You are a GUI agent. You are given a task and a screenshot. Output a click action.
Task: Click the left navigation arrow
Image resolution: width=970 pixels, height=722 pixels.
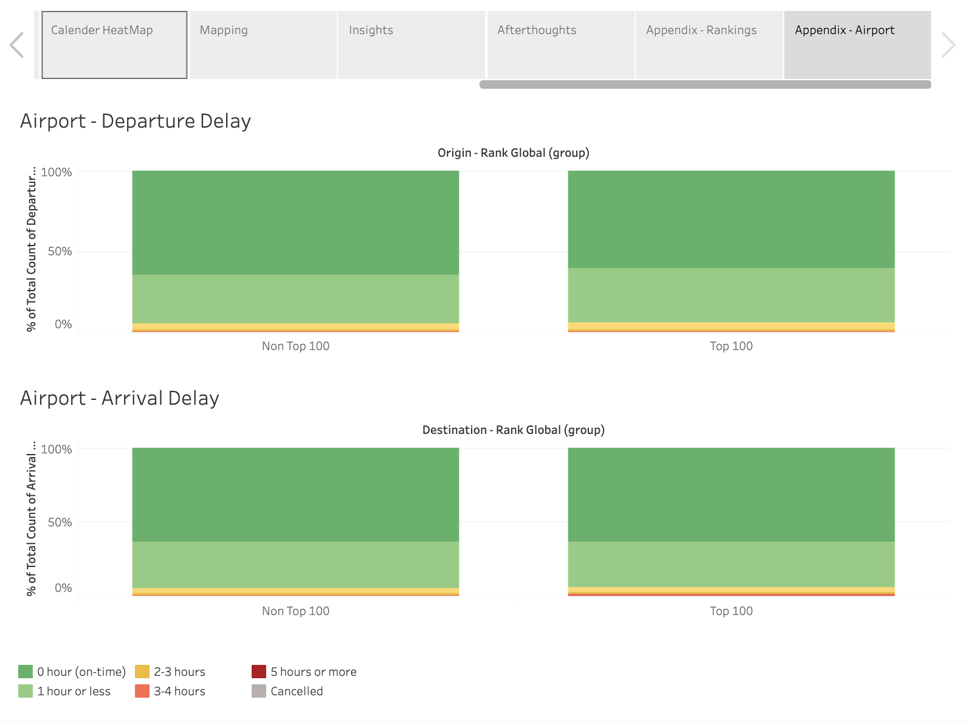(x=17, y=45)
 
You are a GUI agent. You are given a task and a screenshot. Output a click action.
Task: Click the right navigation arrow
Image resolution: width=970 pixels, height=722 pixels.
(x=948, y=45)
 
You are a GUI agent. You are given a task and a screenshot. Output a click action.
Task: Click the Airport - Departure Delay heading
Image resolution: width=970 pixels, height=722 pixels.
(x=136, y=121)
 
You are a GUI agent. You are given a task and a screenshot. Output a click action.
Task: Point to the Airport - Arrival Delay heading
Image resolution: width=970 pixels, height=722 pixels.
(x=120, y=398)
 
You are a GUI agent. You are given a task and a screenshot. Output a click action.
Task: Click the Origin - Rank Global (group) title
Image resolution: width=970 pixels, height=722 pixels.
(x=513, y=153)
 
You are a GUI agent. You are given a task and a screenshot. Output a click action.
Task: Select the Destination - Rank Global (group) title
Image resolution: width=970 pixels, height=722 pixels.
(x=513, y=430)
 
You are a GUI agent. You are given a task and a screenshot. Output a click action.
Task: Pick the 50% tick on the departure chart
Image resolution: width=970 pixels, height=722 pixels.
(x=60, y=251)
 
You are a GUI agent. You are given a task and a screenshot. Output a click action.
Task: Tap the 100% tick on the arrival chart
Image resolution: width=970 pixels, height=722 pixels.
(x=57, y=449)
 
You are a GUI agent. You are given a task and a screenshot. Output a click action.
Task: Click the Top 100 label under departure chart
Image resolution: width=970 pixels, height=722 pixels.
(x=731, y=346)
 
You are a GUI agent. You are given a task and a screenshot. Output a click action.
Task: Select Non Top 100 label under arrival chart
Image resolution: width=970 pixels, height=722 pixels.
(x=295, y=611)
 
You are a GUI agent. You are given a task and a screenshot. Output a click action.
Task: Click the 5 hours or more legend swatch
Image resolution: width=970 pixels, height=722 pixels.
(x=259, y=672)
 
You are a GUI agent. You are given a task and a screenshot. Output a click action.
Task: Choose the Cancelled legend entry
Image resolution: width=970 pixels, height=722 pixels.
(x=297, y=691)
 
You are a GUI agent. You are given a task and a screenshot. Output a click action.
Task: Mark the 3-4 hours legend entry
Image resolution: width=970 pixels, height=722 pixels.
(x=179, y=691)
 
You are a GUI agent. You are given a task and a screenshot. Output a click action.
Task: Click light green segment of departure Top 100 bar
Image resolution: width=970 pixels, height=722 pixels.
(x=731, y=295)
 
